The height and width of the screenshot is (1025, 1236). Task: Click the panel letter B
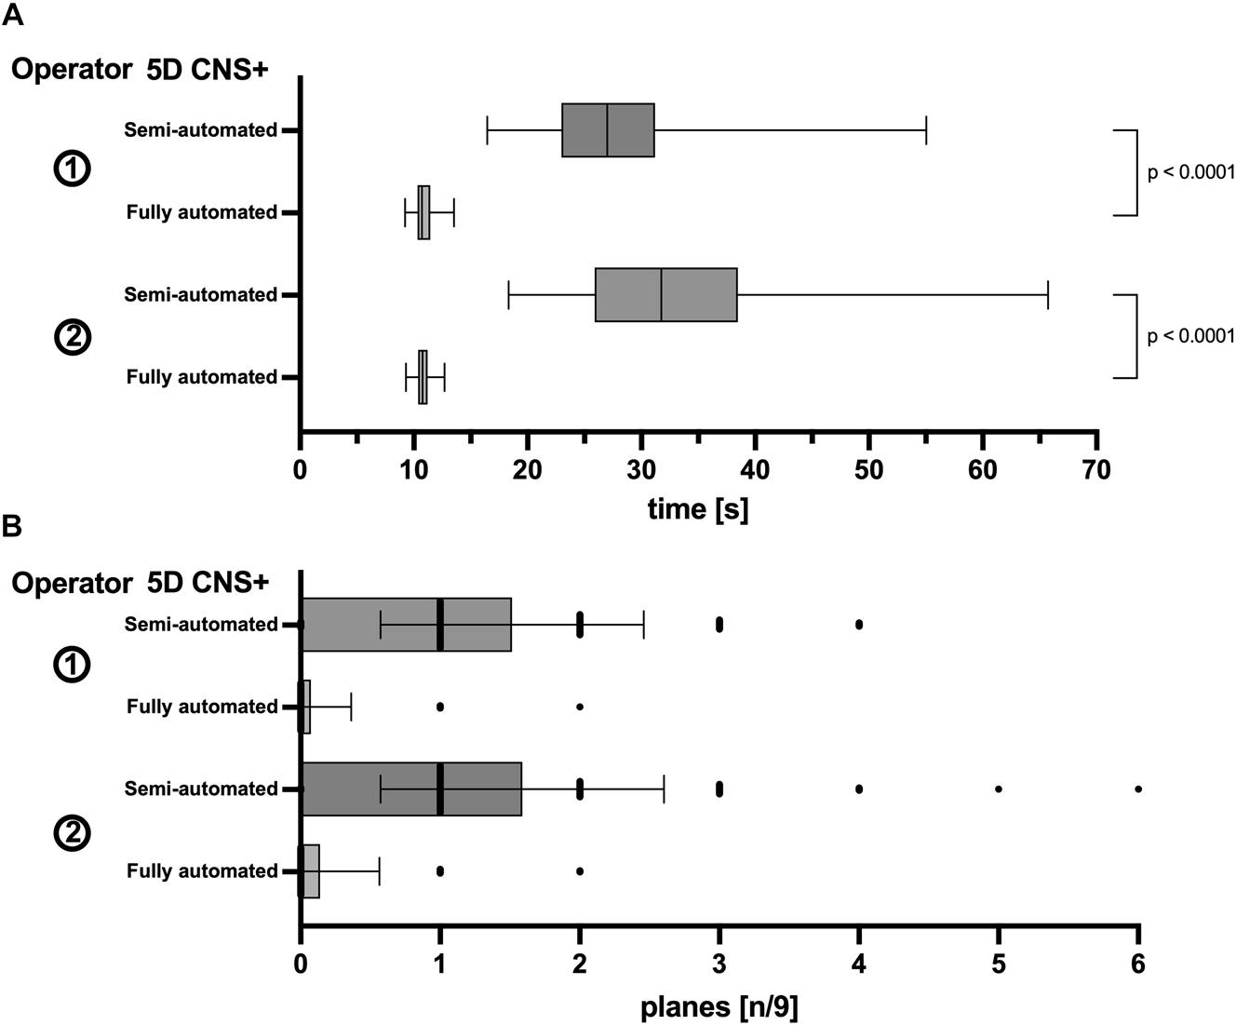coord(12,526)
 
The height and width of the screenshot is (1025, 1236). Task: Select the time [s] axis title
coord(697,509)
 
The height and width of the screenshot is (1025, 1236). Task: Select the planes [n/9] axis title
coord(719,1006)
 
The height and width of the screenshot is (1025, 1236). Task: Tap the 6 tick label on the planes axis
coord(1137,964)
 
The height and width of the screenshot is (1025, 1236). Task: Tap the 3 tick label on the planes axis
coord(719,964)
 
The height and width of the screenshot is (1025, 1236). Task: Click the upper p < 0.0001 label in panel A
coord(1190,172)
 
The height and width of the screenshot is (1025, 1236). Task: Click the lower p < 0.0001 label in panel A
coord(1190,336)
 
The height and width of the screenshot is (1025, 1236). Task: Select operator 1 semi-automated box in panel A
coord(608,130)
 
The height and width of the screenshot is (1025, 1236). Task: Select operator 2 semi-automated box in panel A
coord(665,295)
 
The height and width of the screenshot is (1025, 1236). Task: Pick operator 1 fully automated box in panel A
coord(423,212)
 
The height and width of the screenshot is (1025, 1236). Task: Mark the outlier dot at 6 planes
coord(1138,789)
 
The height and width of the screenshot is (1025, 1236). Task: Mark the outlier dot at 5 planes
coord(999,789)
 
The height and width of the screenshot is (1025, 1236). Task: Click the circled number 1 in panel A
coord(73,170)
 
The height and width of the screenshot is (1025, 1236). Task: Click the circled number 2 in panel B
coord(73,832)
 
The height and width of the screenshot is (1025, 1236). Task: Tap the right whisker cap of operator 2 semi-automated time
coord(1048,295)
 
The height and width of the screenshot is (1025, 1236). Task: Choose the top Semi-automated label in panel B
coord(201,625)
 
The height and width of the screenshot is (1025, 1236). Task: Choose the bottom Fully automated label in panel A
coord(202,377)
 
